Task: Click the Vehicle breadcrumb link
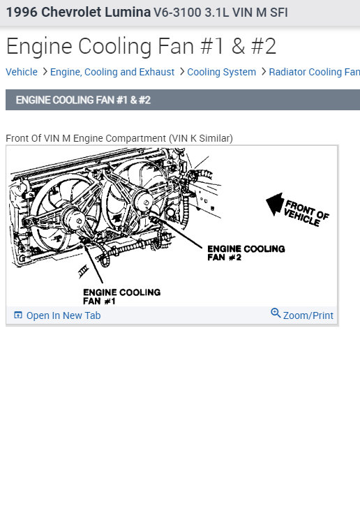point(22,72)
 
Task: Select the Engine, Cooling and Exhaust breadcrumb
point(112,72)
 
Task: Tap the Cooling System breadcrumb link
point(222,72)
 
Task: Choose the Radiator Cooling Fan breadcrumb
point(315,72)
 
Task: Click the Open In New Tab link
point(63,315)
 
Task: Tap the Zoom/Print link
point(308,315)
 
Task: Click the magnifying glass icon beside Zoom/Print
point(276,313)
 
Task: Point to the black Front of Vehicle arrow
point(275,204)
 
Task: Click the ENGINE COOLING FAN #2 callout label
point(246,253)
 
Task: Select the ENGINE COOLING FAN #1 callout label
point(121,297)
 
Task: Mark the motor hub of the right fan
point(143,202)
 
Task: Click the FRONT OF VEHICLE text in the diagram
point(306,213)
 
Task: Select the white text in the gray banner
point(83,100)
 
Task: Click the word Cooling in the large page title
point(114,46)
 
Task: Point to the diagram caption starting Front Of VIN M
point(119,138)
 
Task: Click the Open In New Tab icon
point(18,315)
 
